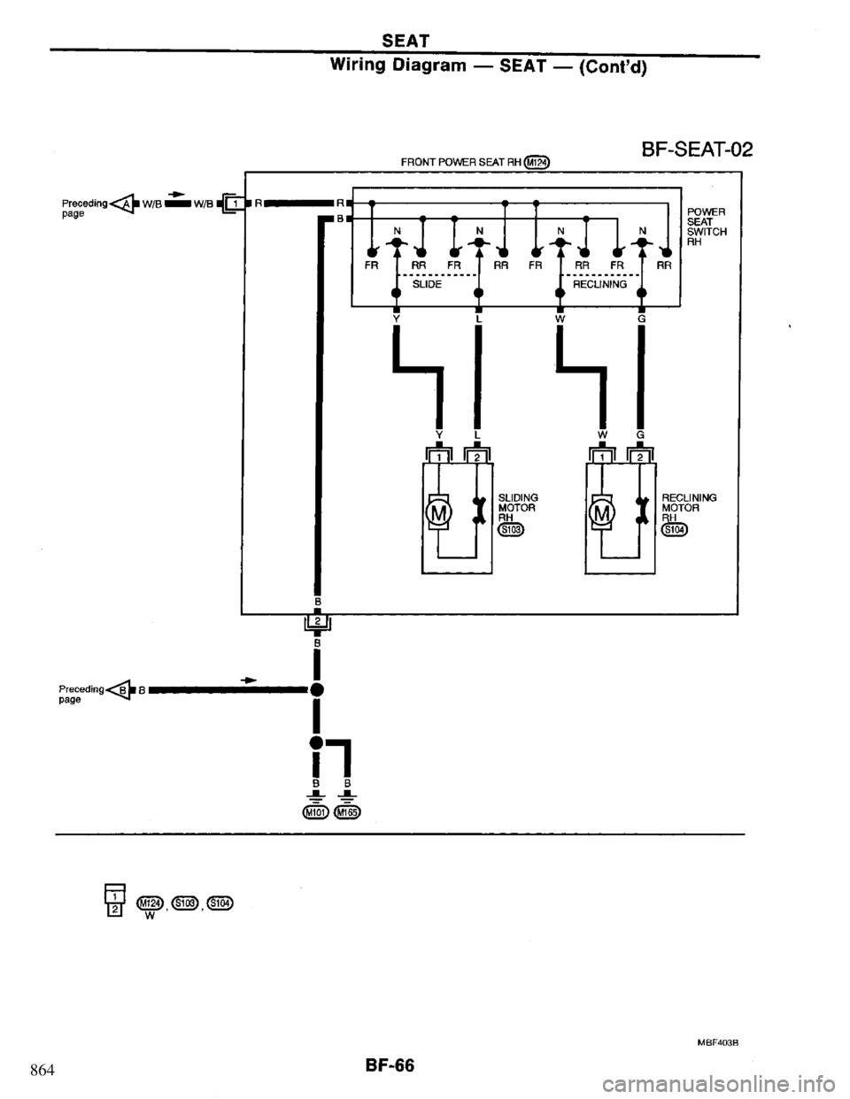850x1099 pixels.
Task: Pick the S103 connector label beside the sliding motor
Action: (x=511, y=531)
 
